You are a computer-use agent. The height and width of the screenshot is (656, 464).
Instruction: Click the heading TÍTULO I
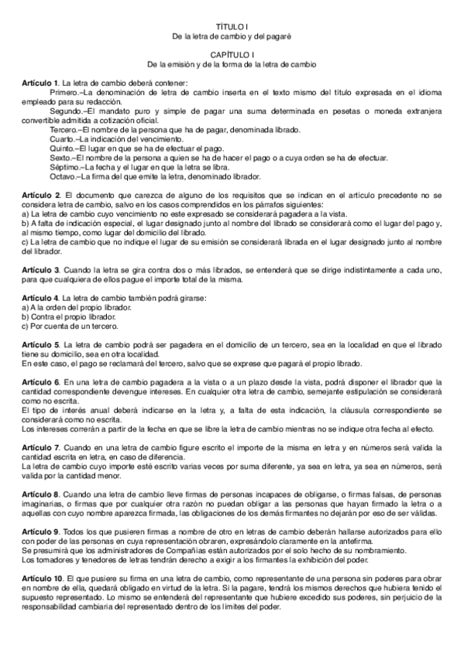[x=232, y=26]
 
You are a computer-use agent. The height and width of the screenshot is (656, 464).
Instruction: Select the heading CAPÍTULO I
[x=232, y=53]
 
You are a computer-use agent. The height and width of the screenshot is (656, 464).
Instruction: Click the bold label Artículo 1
[x=40, y=82]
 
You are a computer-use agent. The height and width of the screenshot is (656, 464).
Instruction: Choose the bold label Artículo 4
[x=40, y=297]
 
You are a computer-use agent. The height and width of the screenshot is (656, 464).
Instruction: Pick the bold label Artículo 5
[x=40, y=343]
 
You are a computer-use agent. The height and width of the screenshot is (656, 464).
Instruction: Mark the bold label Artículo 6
[x=40, y=381]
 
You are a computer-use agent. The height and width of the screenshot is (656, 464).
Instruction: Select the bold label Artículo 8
[x=40, y=493]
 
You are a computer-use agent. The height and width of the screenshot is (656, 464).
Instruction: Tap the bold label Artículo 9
[x=40, y=534]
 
